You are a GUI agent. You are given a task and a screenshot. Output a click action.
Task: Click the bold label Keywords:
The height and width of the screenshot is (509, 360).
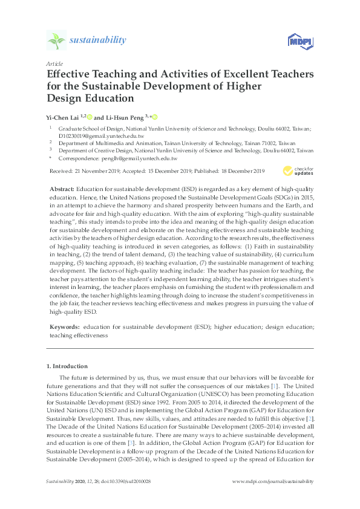tap(64, 327)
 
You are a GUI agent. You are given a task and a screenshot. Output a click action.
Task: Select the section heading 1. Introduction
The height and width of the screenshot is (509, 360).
tap(67, 366)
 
